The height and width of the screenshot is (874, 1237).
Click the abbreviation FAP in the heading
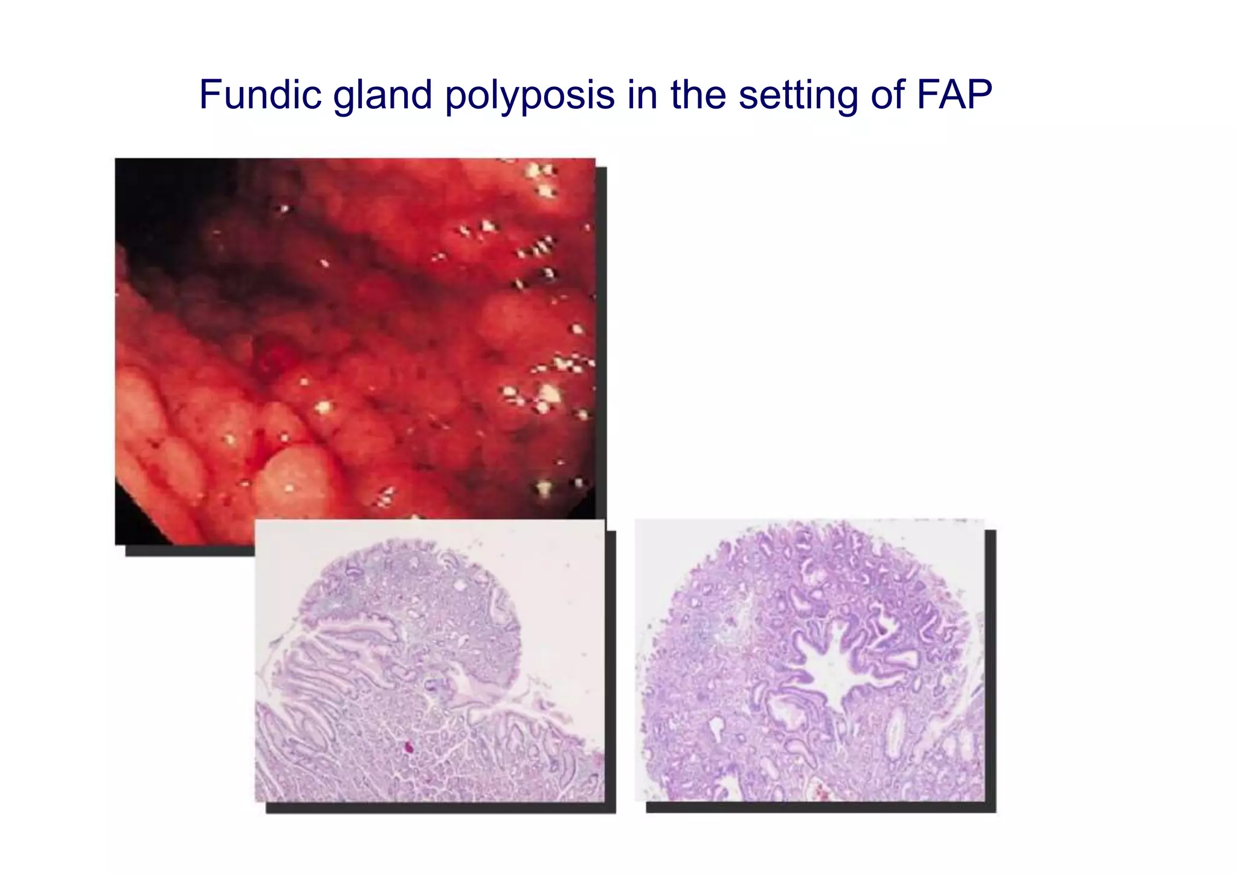pyautogui.click(x=954, y=95)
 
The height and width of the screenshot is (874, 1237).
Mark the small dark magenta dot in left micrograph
pyautogui.click(x=408, y=747)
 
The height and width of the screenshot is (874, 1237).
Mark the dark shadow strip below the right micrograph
pyautogui.click(x=821, y=808)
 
